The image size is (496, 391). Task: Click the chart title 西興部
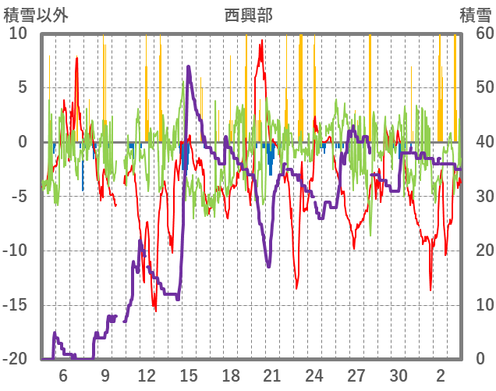point(248,15)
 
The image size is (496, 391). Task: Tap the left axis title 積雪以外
point(37,15)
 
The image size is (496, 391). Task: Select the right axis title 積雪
point(475,15)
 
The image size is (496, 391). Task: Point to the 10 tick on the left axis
point(18,34)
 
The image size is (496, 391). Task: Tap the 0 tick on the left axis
point(23,142)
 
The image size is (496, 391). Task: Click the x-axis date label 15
point(188,375)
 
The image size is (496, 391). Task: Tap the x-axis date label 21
point(272,375)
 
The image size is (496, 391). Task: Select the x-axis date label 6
point(62,375)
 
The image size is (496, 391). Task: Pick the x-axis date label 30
point(399,375)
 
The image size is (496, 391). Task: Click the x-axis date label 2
point(441,375)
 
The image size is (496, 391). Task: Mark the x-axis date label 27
point(356,375)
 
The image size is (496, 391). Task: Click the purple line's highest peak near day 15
point(189,67)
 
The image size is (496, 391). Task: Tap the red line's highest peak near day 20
point(261,42)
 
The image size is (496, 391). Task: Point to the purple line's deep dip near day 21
point(268,266)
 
